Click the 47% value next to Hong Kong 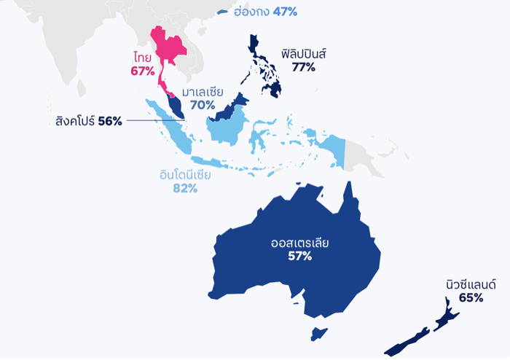[285, 12]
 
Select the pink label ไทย [143, 57]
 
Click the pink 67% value [143, 71]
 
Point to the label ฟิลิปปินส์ [303, 53]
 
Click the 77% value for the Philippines [303, 67]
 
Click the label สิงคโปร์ [74, 121]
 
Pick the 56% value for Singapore [110, 121]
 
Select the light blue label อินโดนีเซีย [185, 175]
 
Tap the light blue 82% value [185, 189]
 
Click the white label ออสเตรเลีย [299, 242]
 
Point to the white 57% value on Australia [299, 257]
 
